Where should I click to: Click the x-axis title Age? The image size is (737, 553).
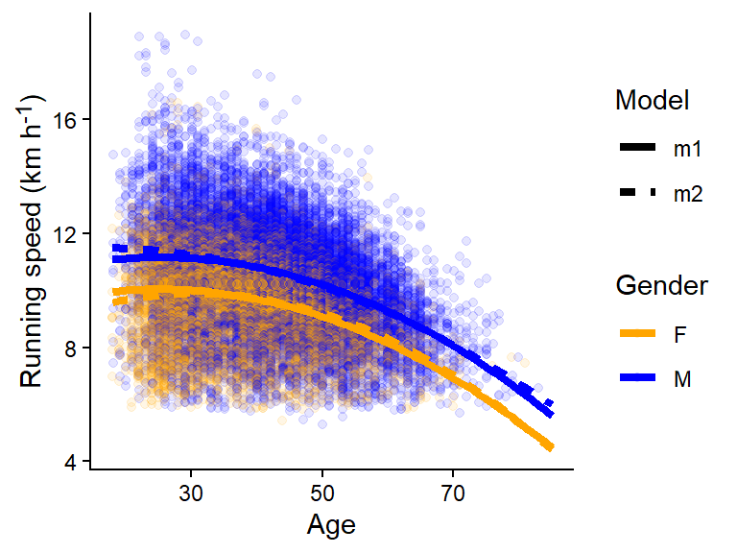click(331, 525)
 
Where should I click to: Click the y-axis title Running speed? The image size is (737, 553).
click(32, 240)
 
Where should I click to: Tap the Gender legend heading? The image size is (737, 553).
click(662, 285)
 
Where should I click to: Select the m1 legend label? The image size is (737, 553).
click(687, 149)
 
